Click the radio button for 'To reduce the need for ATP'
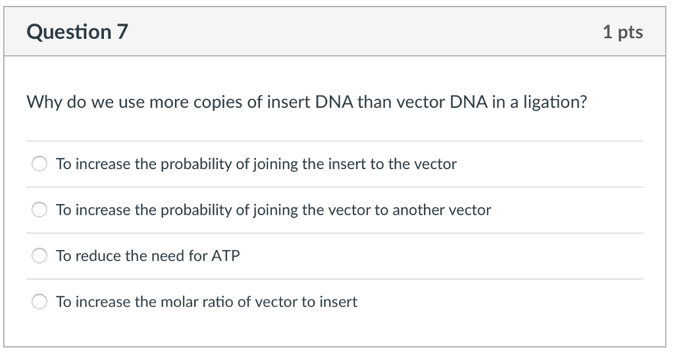pos(39,256)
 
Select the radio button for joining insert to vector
pos(39,164)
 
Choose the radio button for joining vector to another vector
pos(39,210)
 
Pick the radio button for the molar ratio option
pos(39,302)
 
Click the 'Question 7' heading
pos(78,32)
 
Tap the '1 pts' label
pos(623,32)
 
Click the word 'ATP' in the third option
pos(225,256)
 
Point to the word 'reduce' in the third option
pos(98,256)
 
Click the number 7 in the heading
pos(122,32)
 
